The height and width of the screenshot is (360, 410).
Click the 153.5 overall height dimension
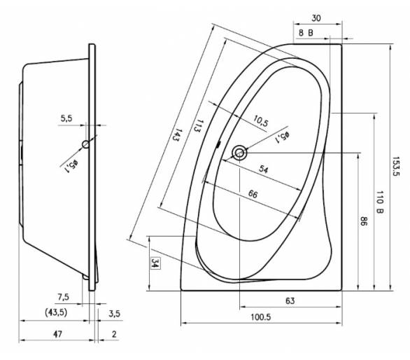pyautogui.click(x=396, y=167)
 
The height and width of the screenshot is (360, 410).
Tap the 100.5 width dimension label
pyautogui.click(x=261, y=317)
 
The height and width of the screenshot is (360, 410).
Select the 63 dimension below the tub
pyautogui.click(x=290, y=301)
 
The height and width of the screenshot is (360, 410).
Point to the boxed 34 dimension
pyautogui.click(x=155, y=263)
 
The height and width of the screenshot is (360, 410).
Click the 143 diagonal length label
pyautogui.click(x=177, y=135)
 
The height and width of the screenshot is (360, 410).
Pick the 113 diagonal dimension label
pyautogui.click(x=199, y=126)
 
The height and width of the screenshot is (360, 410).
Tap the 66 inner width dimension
pyautogui.click(x=253, y=194)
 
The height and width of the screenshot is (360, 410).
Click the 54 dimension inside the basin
pyautogui.click(x=264, y=169)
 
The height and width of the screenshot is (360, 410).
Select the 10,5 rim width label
pyautogui.click(x=261, y=121)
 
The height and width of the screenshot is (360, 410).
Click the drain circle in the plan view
pyautogui.click(x=239, y=153)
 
